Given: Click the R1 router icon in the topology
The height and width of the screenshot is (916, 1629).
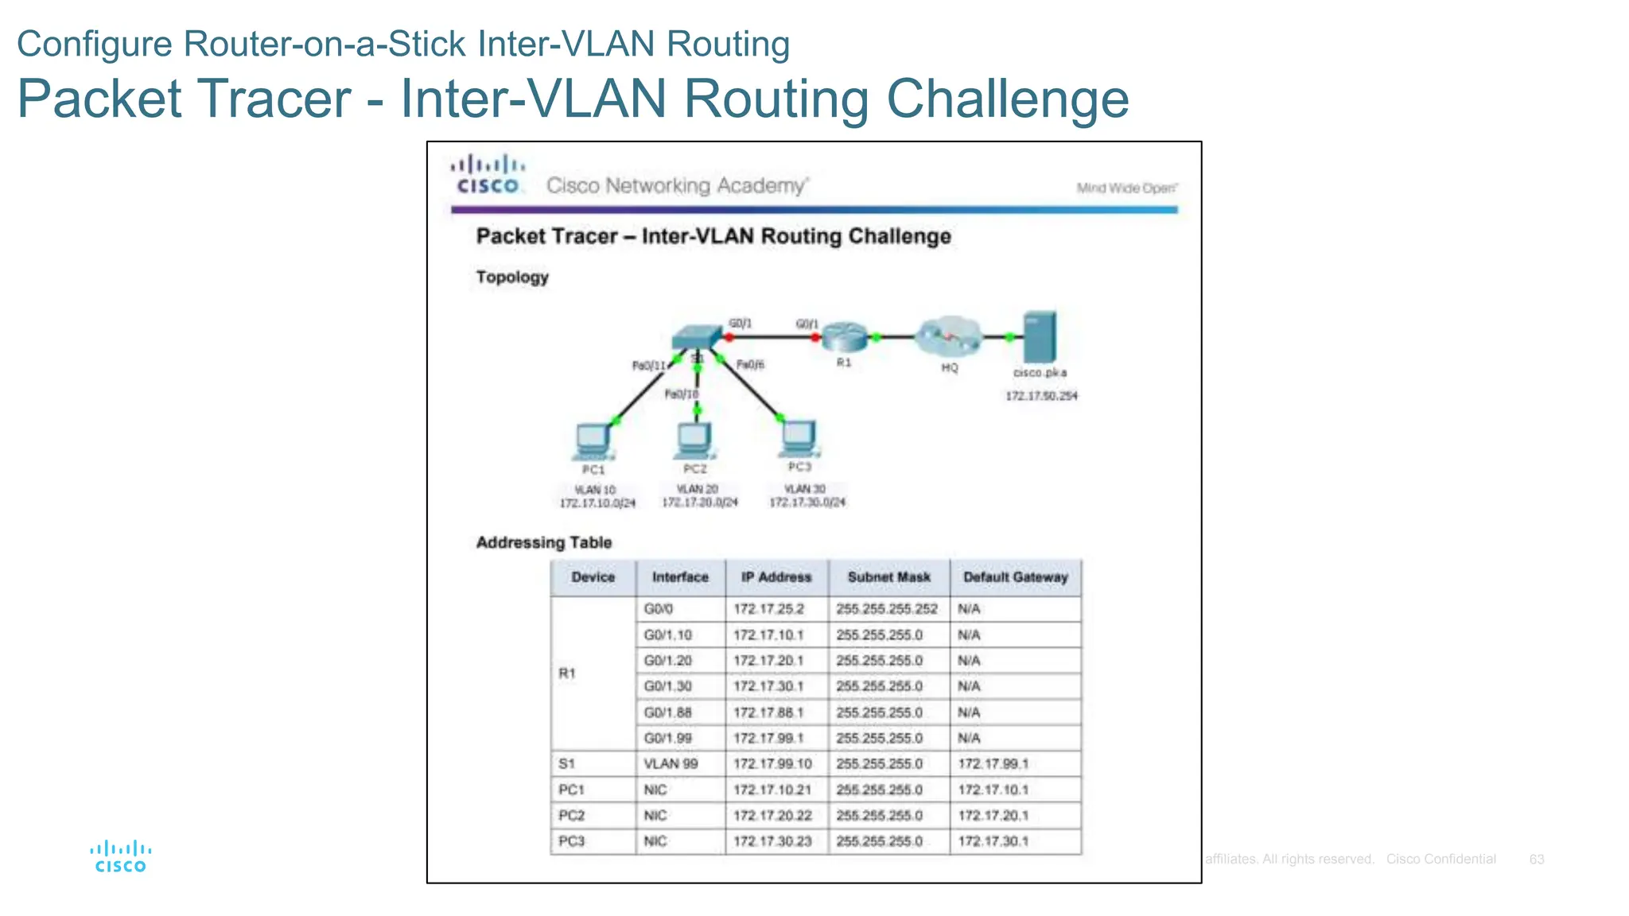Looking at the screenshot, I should click(x=844, y=337).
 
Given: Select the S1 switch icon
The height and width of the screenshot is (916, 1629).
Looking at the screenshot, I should click(x=697, y=338).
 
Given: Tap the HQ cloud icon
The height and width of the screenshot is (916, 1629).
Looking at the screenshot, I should click(x=948, y=336).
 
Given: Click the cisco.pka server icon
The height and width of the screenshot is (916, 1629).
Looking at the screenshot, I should click(x=1040, y=336).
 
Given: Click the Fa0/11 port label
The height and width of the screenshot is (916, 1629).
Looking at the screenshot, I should click(x=648, y=366).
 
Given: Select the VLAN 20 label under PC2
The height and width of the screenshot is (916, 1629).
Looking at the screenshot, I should click(x=697, y=489).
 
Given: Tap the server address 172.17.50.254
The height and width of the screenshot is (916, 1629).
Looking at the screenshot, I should click(x=1041, y=396).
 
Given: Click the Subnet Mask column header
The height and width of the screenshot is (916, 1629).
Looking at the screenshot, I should click(x=888, y=577).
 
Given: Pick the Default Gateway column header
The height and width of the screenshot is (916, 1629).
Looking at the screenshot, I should click(x=1015, y=577).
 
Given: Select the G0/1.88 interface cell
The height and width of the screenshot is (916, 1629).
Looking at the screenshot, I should click(x=668, y=712).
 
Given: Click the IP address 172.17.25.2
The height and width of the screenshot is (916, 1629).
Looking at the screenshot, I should click(x=768, y=609).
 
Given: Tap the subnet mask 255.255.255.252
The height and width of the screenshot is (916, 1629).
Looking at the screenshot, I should click(x=887, y=609).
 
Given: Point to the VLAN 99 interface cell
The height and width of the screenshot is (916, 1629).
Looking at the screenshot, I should click(x=671, y=764).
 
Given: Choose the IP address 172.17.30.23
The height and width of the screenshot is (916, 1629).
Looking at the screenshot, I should click(x=772, y=841).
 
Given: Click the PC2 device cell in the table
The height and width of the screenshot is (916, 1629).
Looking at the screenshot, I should click(x=571, y=816).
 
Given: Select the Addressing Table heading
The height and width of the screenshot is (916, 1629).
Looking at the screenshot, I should click(x=543, y=543).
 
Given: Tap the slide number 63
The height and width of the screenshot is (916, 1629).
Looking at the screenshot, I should click(x=1536, y=860).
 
